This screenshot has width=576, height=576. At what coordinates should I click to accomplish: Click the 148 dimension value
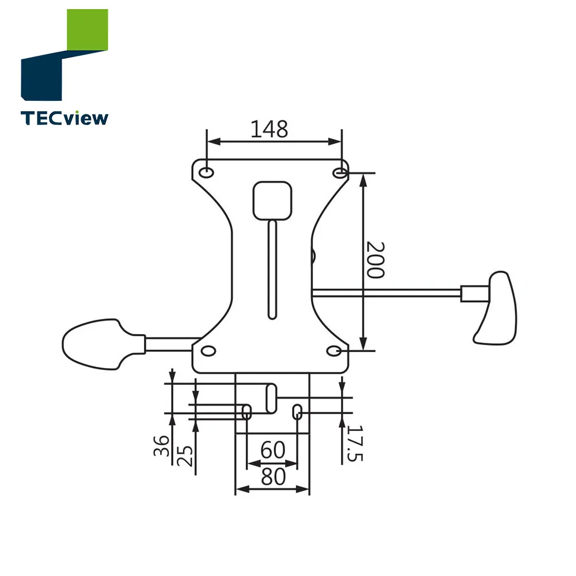pyautogui.click(x=269, y=129)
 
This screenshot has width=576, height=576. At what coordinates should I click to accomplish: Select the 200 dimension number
pyautogui.click(x=376, y=260)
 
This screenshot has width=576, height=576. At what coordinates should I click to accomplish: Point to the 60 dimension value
pyautogui.click(x=272, y=450)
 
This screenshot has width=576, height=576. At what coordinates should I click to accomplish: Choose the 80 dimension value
pyautogui.click(x=272, y=477)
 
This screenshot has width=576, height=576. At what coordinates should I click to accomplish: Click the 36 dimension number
pyautogui.click(x=162, y=445)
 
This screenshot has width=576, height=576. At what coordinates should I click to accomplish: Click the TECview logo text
pyautogui.click(x=65, y=118)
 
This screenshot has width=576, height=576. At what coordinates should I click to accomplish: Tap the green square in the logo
pyautogui.click(x=88, y=30)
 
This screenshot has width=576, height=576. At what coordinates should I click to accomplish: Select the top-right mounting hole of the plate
pyautogui.click(x=340, y=172)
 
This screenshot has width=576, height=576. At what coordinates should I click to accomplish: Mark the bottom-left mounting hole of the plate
pyautogui.click(x=207, y=350)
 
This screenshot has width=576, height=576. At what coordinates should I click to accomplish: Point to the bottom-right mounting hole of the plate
pyautogui.click(x=336, y=350)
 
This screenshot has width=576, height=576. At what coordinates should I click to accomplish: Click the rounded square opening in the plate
pyautogui.click(x=272, y=200)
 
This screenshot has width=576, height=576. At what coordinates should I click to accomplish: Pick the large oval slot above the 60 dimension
pyautogui.click(x=271, y=398)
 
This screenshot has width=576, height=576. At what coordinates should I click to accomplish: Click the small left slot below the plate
pyautogui.click(x=247, y=411)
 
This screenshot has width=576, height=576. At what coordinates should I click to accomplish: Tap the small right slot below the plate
pyautogui.click(x=298, y=411)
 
